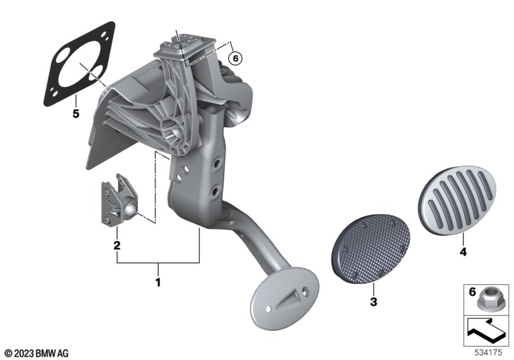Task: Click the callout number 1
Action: (x=158, y=282)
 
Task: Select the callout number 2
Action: (x=117, y=245)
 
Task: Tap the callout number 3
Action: (x=374, y=301)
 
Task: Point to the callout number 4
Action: (x=463, y=252)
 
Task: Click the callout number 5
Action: (x=76, y=114)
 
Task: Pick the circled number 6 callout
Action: (x=235, y=59)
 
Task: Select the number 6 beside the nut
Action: (x=472, y=291)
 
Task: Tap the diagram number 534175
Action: (x=488, y=353)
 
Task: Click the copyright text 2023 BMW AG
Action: (x=37, y=354)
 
